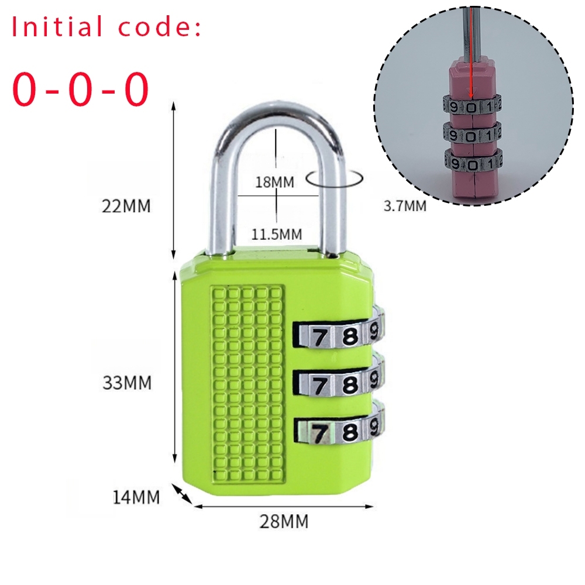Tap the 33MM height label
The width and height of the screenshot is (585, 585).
127,383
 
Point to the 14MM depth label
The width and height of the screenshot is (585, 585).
136,497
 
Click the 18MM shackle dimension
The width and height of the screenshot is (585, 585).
274,182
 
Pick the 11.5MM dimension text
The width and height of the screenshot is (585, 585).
277,235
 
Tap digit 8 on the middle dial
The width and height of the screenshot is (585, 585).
350,384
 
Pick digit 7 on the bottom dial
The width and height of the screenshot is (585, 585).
319,433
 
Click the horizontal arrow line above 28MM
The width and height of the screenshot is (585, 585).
283,506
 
